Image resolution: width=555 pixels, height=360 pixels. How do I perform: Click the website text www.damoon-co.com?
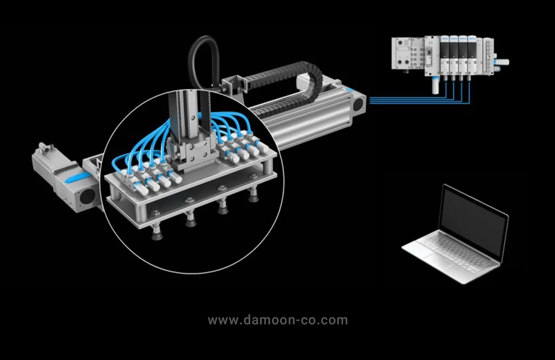pyautogui.click(x=277, y=320)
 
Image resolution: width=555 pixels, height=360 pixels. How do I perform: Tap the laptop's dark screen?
pyautogui.click(x=472, y=221)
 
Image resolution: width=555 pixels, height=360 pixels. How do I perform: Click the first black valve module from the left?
pyautogui.click(x=444, y=53)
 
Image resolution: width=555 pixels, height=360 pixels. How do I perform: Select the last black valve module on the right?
pyautogui.click(x=471, y=53)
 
